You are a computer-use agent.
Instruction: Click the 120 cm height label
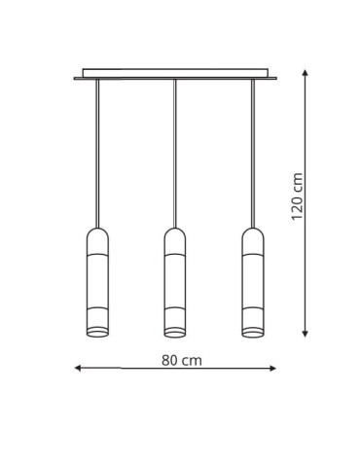click(x=298, y=197)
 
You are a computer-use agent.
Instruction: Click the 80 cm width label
click(x=182, y=360)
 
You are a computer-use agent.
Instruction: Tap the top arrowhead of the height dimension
click(x=306, y=73)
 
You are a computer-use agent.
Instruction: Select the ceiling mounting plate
click(x=175, y=74)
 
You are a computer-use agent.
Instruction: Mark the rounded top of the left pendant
click(x=98, y=234)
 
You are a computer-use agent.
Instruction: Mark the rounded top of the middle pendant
click(x=175, y=234)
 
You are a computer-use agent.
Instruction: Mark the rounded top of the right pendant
click(x=252, y=234)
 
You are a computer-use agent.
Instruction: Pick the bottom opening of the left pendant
click(x=98, y=334)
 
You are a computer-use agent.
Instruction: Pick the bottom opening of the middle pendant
click(x=175, y=334)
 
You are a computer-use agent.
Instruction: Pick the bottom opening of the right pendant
click(x=252, y=334)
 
